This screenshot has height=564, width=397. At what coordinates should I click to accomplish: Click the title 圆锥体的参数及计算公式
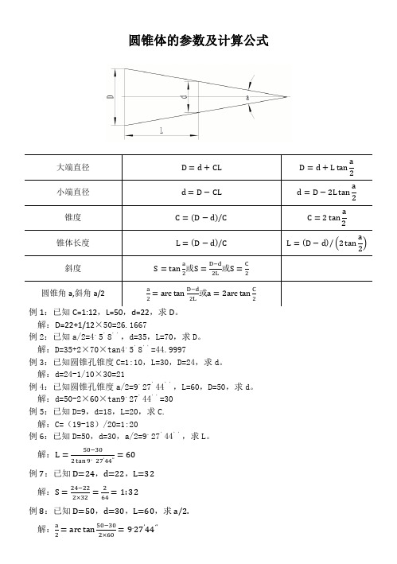(199, 38)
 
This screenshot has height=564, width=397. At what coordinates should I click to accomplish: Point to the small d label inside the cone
(185, 97)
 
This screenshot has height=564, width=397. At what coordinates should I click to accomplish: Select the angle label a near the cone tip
(247, 97)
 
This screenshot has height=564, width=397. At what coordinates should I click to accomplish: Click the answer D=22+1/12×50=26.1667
(99, 325)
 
